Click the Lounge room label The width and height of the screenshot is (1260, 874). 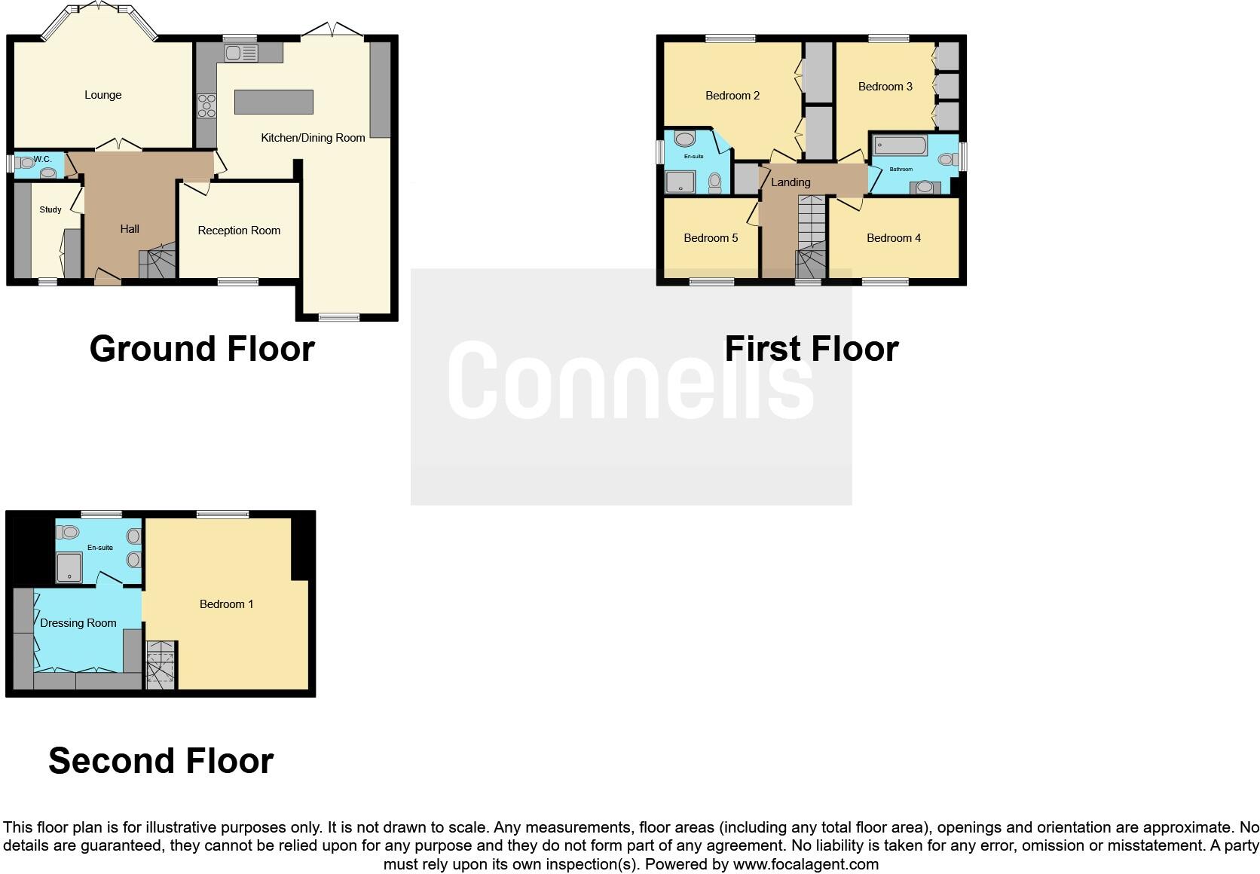tap(103, 95)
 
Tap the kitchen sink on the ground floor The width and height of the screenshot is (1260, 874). tap(241, 53)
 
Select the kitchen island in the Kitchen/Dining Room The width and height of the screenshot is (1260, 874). tap(274, 102)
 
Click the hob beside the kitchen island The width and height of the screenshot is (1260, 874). tap(206, 105)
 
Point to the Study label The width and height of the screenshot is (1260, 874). tap(50, 209)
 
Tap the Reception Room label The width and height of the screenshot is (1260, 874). tap(239, 231)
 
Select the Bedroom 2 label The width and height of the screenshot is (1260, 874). tap(732, 96)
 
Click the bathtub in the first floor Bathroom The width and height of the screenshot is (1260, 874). tap(901, 145)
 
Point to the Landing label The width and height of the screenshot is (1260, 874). tap(791, 182)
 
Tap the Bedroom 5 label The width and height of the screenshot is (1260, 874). tap(711, 238)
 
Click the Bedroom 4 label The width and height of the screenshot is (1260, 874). tap(894, 238)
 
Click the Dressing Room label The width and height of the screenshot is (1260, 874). tap(78, 623)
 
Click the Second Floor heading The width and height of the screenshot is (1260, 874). tap(161, 761)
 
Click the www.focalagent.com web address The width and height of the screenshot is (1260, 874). tap(806, 864)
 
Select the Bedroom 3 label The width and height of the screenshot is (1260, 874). tap(885, 87)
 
